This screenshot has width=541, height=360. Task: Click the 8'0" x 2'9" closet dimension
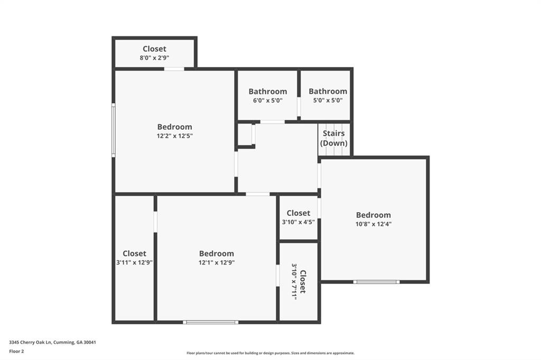click(x=154, y=58)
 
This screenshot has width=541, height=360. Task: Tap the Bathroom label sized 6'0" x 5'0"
click(x=268, y=91)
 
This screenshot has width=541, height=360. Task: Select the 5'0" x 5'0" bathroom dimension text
click(x=328, y=100)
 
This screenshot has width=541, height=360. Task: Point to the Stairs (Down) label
click(x=334, y=138)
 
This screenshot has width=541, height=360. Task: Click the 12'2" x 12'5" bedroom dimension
click(x=174, y=136)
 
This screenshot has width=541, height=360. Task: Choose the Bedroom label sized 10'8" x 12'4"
click(x=374, y=215)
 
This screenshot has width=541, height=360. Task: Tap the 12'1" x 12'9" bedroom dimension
click(x=217, y=262)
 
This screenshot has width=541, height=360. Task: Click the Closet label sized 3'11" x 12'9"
click(x=134, y=253)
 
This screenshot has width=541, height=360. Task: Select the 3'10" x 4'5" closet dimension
click(x=299, y=222)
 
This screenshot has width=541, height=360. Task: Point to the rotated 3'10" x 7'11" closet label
click(x=299, y=282)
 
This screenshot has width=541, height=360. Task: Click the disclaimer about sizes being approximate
click(x=270, y=353)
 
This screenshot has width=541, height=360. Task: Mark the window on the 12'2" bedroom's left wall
click(x=114, y=130)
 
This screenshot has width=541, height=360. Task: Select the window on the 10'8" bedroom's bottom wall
click(x=376, y=282)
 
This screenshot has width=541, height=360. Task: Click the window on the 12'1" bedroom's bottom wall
click(x=210, y=322)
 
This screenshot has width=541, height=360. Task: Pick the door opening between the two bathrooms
click(x=299, y=106)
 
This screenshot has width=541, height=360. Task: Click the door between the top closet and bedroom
click(x=174, y=69)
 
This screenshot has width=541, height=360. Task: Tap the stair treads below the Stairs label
click(x=334, y=151)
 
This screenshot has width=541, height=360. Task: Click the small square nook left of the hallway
click(x=245, y=135)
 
